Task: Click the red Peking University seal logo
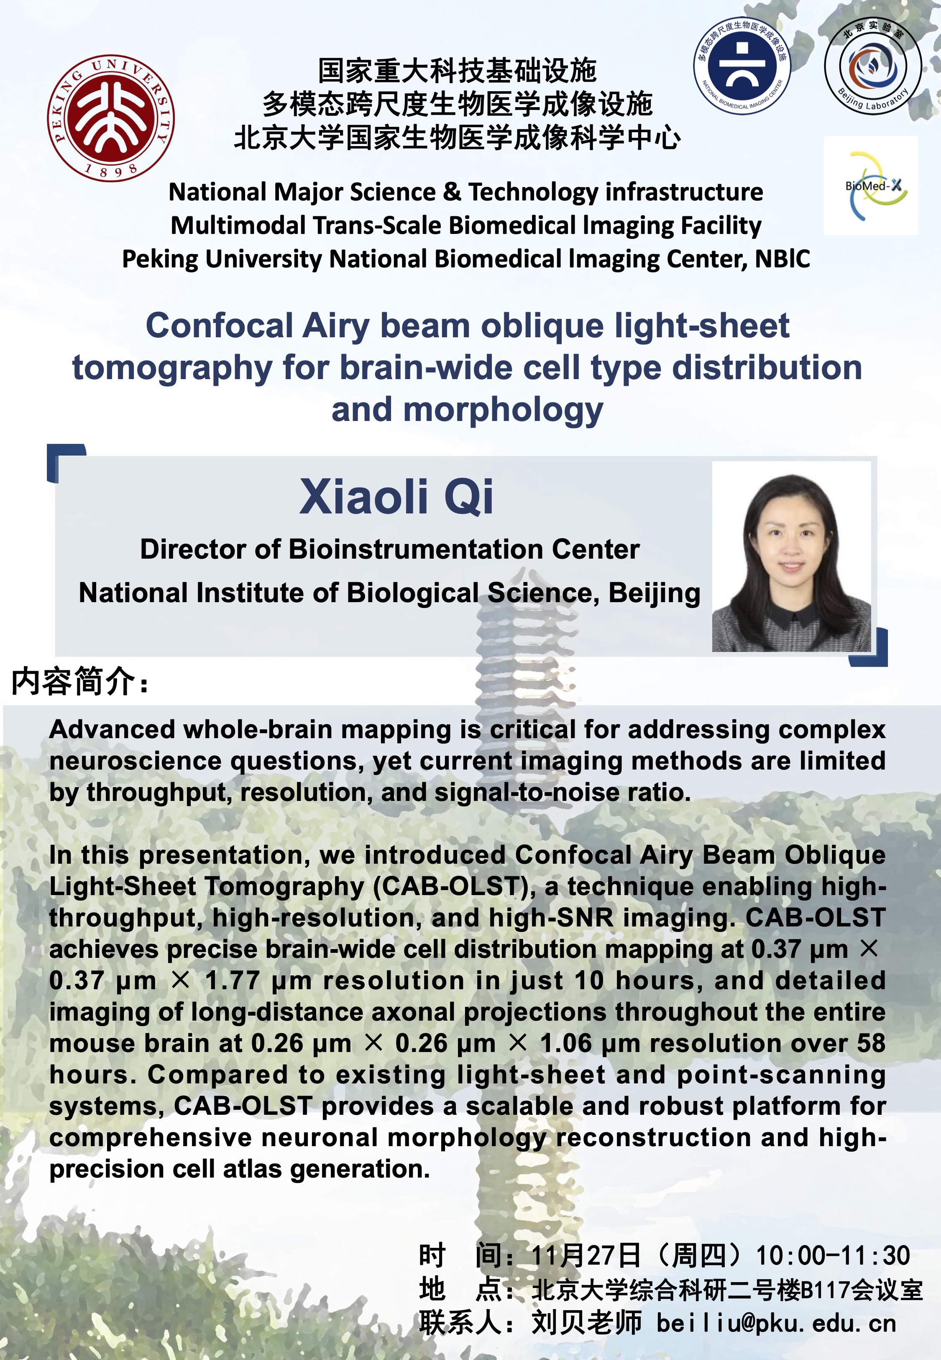111,118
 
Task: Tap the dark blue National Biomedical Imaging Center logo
743,65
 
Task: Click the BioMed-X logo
871,186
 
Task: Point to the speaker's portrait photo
791,556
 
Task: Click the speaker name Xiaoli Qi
396,497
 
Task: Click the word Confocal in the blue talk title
219,326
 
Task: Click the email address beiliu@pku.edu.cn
777,1324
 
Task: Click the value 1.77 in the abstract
232,981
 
